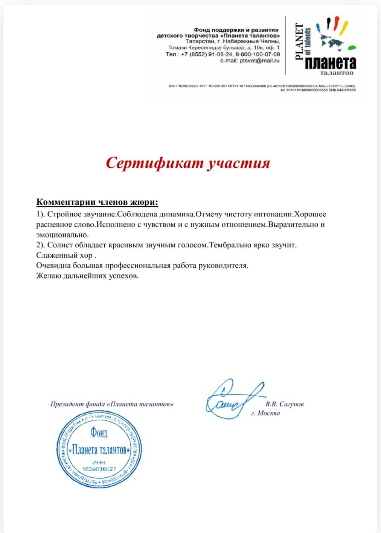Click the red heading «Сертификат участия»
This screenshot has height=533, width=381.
click(188, 163)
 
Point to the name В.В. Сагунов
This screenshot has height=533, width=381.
click(284, 404)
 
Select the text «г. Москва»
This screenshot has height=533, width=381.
click(265, 413)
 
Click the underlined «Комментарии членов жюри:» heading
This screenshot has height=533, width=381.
click(97, 202)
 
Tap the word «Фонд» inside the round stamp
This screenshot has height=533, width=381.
click(99, 433)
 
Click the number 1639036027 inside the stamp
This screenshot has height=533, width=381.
click(99, 469)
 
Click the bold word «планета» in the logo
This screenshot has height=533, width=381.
click(330, 63)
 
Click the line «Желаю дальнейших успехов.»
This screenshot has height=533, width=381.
click(88, 276)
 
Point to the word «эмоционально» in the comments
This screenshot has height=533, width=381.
click(62, 235)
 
